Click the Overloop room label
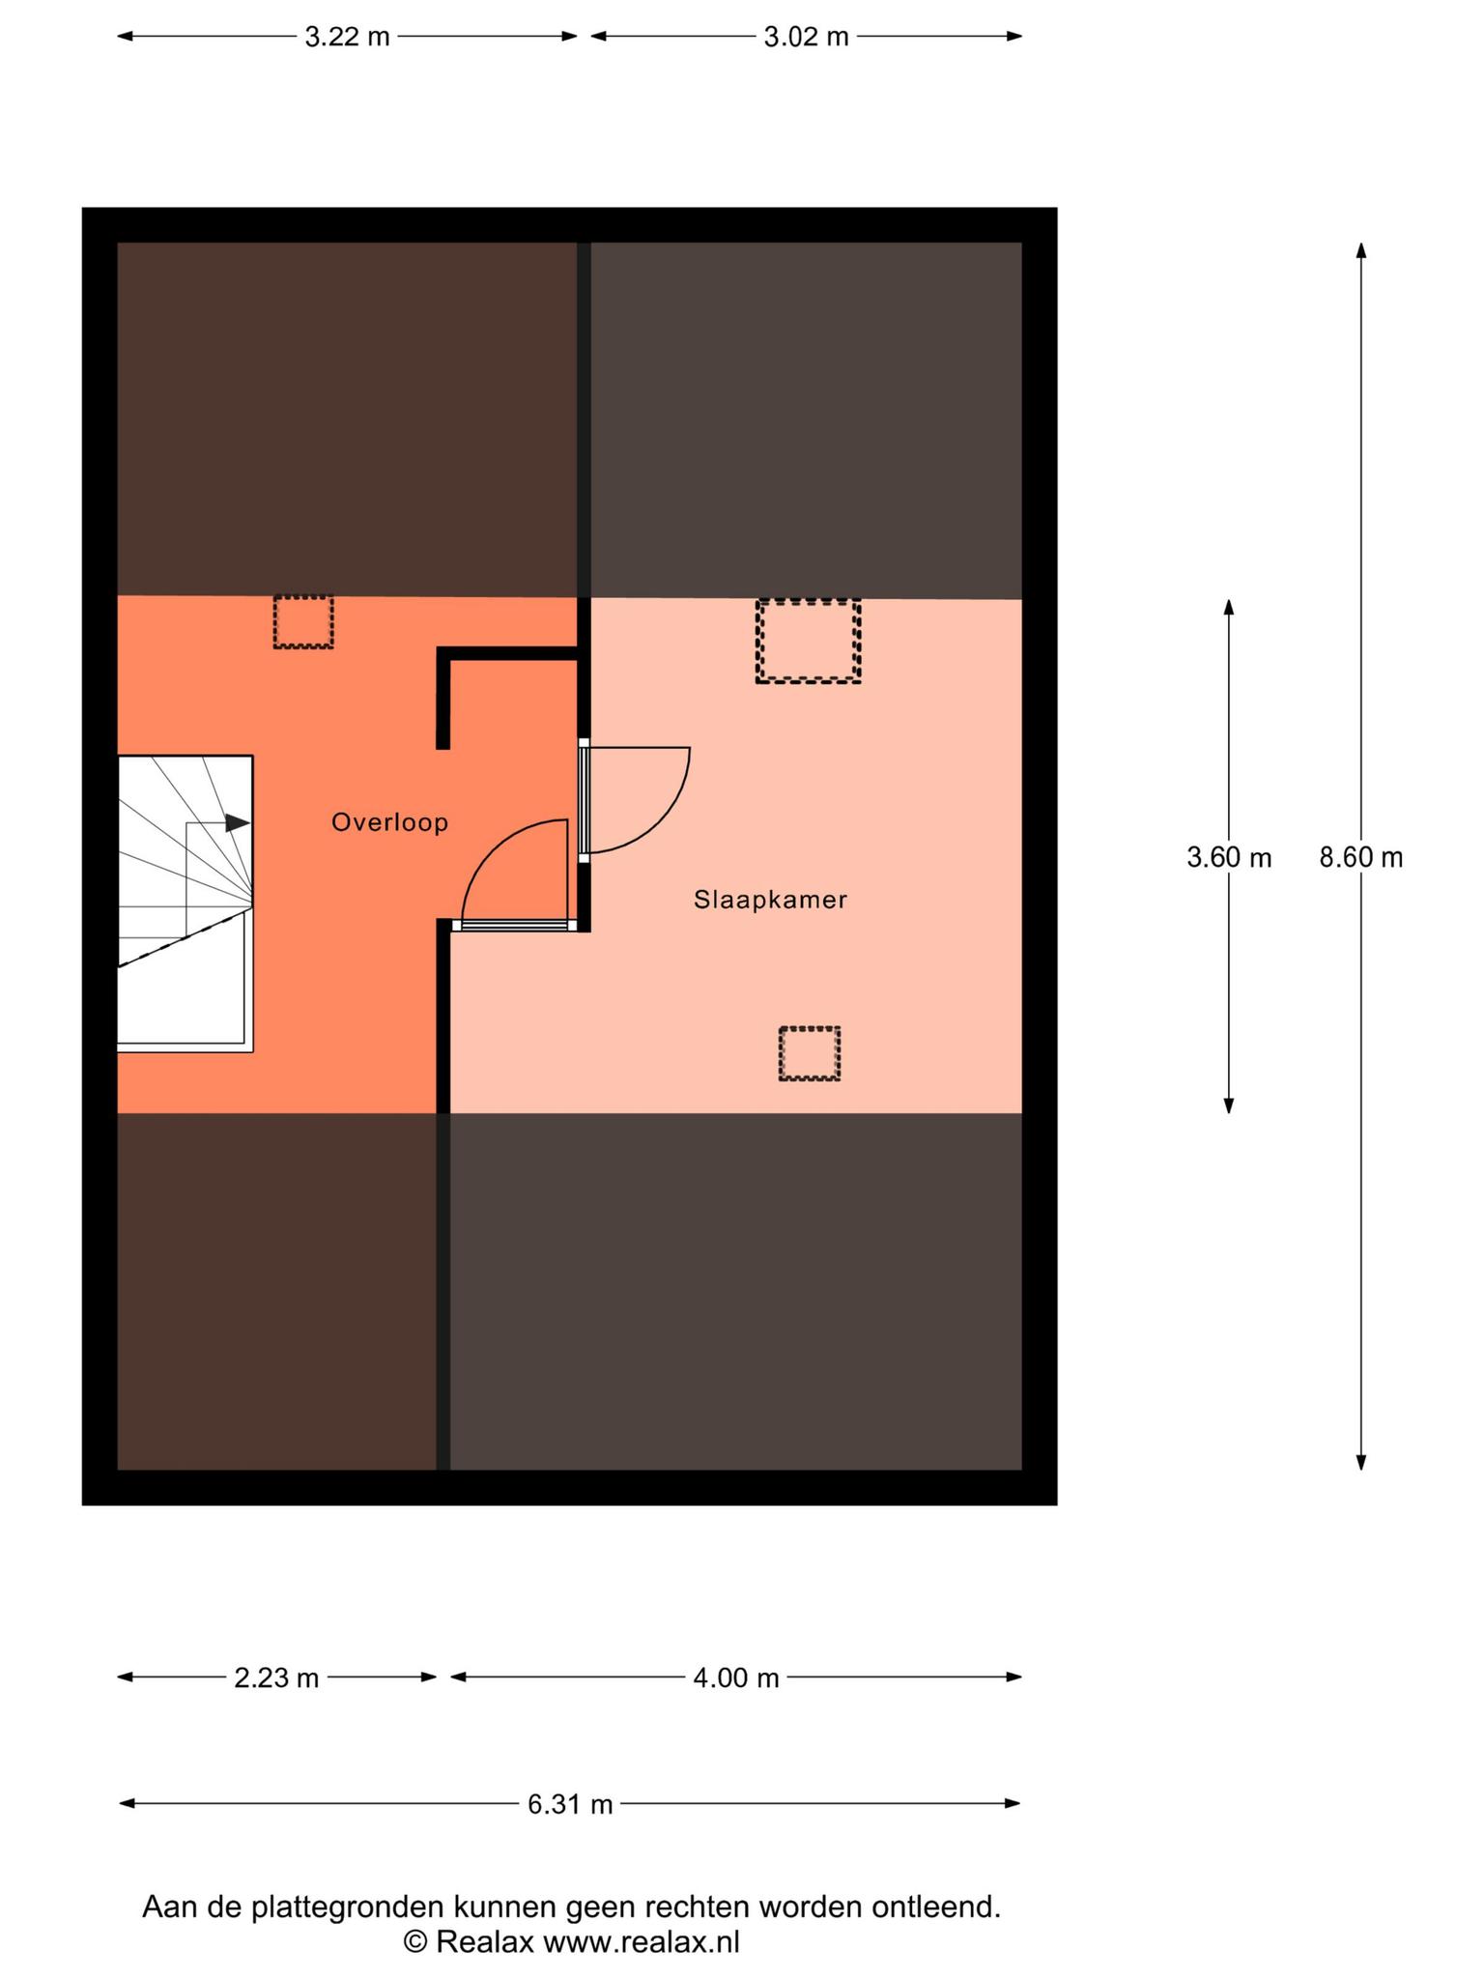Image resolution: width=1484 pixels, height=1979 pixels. (389, 822)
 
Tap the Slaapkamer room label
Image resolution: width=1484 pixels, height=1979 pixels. (770, 900)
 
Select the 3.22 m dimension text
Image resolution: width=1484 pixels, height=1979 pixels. (348, 37)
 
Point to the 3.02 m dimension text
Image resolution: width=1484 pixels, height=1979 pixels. (807, 37)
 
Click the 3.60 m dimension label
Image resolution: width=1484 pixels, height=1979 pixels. (1229, 857)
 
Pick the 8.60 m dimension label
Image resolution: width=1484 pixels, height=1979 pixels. (1361, 857)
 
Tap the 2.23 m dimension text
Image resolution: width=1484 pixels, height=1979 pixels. (276, 1678)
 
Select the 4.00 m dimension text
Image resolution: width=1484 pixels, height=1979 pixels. (736, 1678)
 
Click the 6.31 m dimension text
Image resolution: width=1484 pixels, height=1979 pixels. (570, 1804)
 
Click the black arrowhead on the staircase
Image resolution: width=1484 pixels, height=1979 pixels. (238, 823)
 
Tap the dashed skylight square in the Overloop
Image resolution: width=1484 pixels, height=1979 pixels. (303, 621)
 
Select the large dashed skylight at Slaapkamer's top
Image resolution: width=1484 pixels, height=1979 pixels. (809, 641)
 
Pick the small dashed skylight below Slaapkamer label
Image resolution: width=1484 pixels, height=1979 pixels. (810, 1053)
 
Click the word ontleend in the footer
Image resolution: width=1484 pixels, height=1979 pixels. (935, 1907)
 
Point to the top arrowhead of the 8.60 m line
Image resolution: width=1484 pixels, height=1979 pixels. (1361, 250)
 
